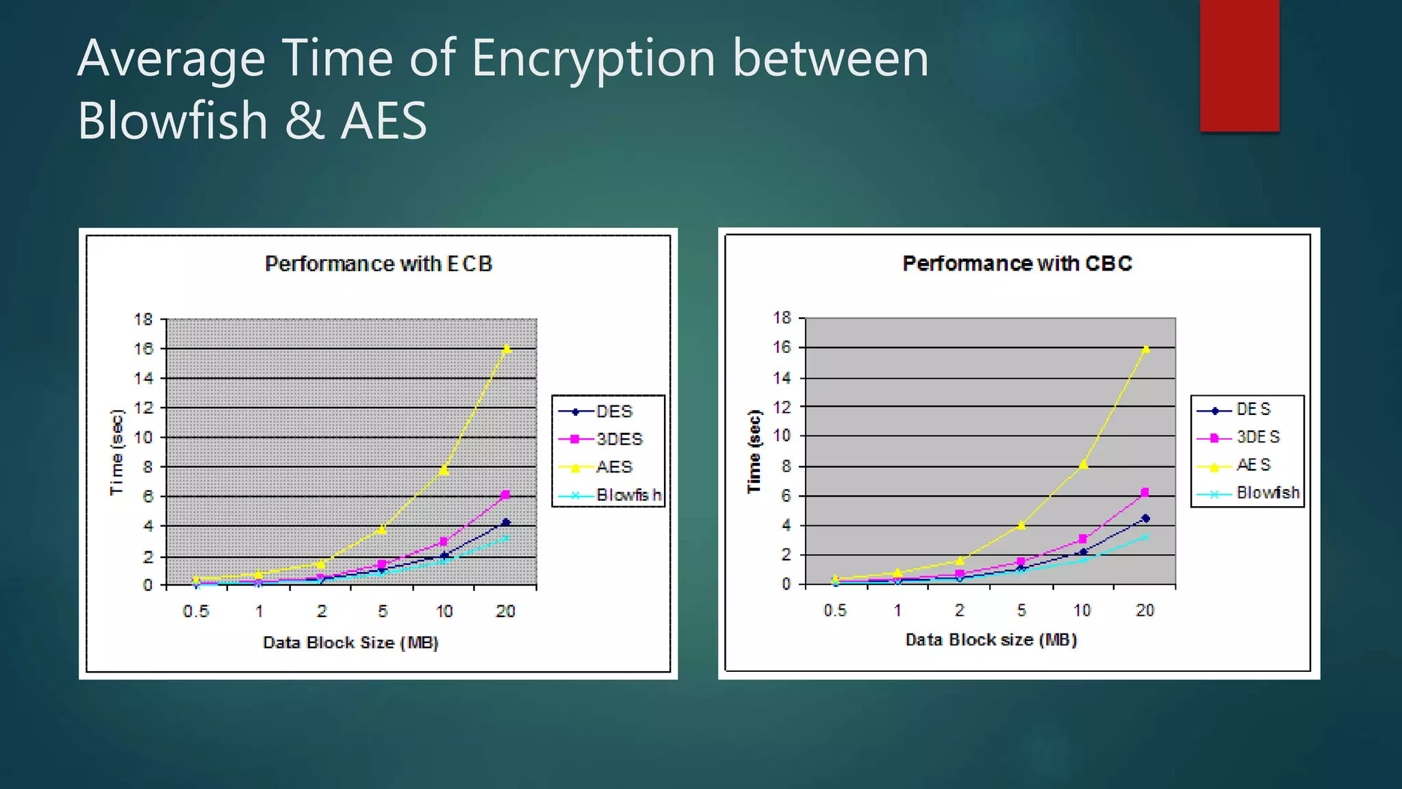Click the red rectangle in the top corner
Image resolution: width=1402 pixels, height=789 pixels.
point(1239,65)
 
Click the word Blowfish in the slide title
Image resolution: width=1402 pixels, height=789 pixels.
point(173,121)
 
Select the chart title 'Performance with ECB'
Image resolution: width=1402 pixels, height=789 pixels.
point(379,264)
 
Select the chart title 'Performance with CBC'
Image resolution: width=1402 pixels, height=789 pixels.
point(1017,264)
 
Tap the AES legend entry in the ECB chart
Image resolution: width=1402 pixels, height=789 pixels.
point(613,467)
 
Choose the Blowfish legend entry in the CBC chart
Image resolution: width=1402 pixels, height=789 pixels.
point(1267,492)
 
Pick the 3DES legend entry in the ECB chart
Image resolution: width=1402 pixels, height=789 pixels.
point(619,439)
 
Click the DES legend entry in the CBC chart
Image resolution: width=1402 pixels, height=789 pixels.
point(1253,409)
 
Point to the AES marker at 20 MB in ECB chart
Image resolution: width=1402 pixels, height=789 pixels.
point(507,349)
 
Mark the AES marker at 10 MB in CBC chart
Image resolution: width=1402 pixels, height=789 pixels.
point(1083,464)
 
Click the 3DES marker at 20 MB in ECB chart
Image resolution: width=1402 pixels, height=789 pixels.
point(505,494)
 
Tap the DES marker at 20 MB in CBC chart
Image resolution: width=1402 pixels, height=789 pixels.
point(1145,518)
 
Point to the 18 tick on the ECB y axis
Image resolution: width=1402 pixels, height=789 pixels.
point(143,319)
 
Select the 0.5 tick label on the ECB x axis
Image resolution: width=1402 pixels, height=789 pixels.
point(196,611)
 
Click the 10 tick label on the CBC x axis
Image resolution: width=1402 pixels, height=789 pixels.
point(1082,610)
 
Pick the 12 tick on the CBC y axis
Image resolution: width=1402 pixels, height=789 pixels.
point(782,407)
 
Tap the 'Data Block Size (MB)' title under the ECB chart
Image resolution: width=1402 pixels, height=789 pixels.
point(350,642)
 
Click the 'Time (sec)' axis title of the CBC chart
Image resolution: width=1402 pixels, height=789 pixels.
point(754,451)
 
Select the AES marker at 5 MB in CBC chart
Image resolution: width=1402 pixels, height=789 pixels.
point(1021,525)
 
